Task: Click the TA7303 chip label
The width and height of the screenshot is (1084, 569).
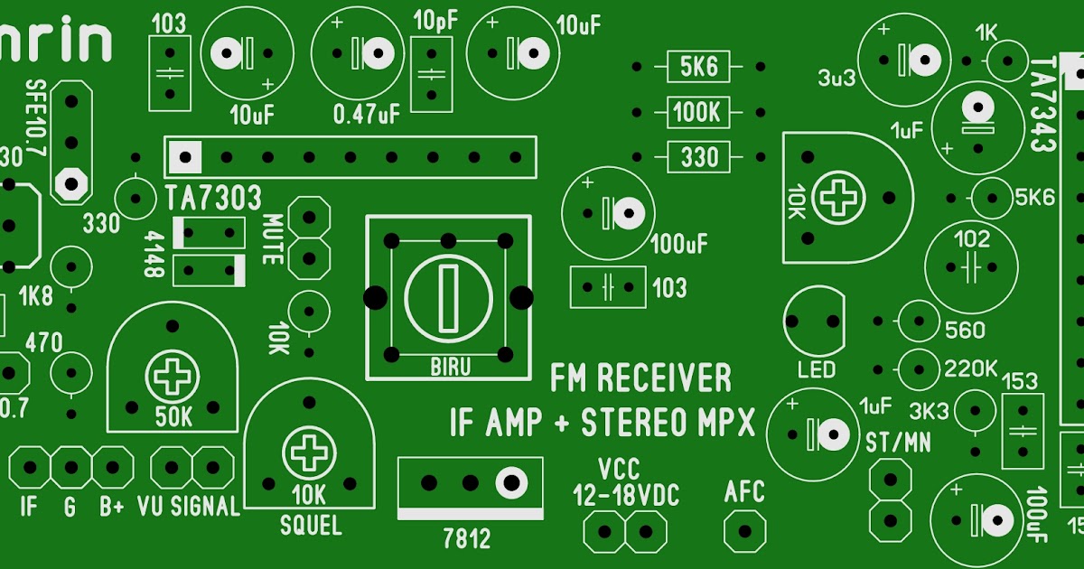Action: click(x=213, y=198)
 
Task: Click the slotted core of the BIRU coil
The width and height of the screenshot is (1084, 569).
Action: click(x=448, y=298)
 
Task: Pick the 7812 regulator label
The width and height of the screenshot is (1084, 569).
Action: click(x=467, y=539)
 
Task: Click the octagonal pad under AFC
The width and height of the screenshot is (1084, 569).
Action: click(x=745, y=529)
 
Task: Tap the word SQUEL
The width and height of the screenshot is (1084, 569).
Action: click(x=311, y=524)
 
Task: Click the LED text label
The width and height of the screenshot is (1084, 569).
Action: click(x=817, y=370)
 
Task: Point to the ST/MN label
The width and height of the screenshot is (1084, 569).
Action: click(x=898, y=443)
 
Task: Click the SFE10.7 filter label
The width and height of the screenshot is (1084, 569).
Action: click(x=36, y=117)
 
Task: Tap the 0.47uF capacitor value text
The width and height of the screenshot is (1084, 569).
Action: click(x=366, y=115)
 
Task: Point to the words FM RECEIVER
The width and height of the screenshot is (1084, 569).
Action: click(x=640, y=378)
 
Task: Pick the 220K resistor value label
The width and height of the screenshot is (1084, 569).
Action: click(x=970, y=368)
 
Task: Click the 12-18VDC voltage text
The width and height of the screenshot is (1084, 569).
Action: click(x=625, y=495)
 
